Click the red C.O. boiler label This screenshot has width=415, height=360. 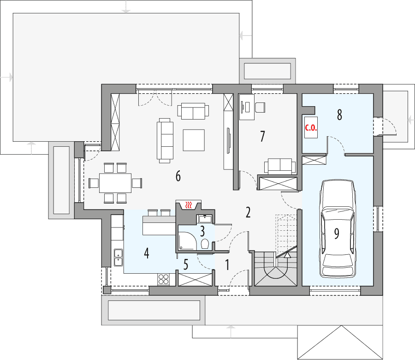[x=310, y=129]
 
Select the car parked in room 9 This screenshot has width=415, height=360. [x=338, y=229]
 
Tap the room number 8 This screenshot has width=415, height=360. [x=339, y=115]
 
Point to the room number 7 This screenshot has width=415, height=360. [x=262, y=136]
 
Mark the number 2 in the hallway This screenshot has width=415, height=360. [x=248, y=213]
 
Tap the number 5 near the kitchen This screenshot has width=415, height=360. [x=186, y=264]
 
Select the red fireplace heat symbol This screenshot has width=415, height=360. [x=188, y=204]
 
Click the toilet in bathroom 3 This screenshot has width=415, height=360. [x=205, y=243]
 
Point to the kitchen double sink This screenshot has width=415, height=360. [x=118, y=257]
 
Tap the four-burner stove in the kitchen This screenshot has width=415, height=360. [x=164, y=278]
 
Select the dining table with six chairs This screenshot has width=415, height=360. [x=115, y=183]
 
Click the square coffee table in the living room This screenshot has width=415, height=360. [x=194, y=140]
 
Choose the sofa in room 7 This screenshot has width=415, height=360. [x=279, y=166]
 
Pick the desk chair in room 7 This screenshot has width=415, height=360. [x=260, y=107]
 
